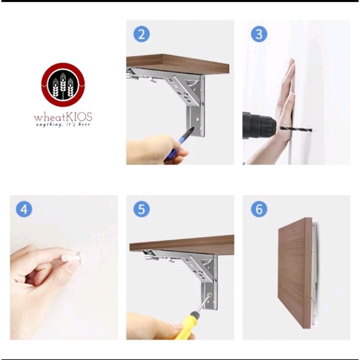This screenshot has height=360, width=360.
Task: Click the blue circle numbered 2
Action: click(x=141, y=34)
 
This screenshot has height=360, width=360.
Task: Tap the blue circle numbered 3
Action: click(x=259, y=34)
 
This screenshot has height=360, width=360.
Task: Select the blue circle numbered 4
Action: click(x=24, y=209)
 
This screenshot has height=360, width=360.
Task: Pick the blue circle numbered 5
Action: click(x=141, y=209)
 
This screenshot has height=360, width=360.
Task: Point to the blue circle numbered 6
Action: click(x=259, y=209)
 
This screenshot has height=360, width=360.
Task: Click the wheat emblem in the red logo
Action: click(x=63, y=85)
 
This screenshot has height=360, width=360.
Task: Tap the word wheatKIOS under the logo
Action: click(x=63, y=117)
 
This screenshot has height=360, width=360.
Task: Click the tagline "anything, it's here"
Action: click(x=63, y=125)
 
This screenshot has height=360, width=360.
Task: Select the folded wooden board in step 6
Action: click(x=295, y=273)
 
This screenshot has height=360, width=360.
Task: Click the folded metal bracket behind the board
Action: click(x=315, y=273)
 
